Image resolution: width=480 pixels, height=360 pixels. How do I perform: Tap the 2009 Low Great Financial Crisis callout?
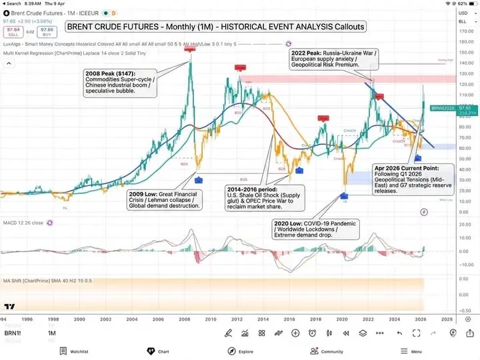(165, 200)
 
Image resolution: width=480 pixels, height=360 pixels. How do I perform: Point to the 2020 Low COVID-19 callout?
(315, 228)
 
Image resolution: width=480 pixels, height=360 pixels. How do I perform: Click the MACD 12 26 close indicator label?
(23, 222)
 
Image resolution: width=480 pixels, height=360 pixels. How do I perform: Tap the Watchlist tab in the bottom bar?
(74, 351)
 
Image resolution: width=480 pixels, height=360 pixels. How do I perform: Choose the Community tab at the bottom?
(327, 351)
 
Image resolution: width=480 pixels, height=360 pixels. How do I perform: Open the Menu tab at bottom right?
(411, 351)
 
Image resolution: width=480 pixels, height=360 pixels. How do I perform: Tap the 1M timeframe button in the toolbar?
(51, 333)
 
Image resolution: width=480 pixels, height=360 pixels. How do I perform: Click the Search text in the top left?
(13, 3)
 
